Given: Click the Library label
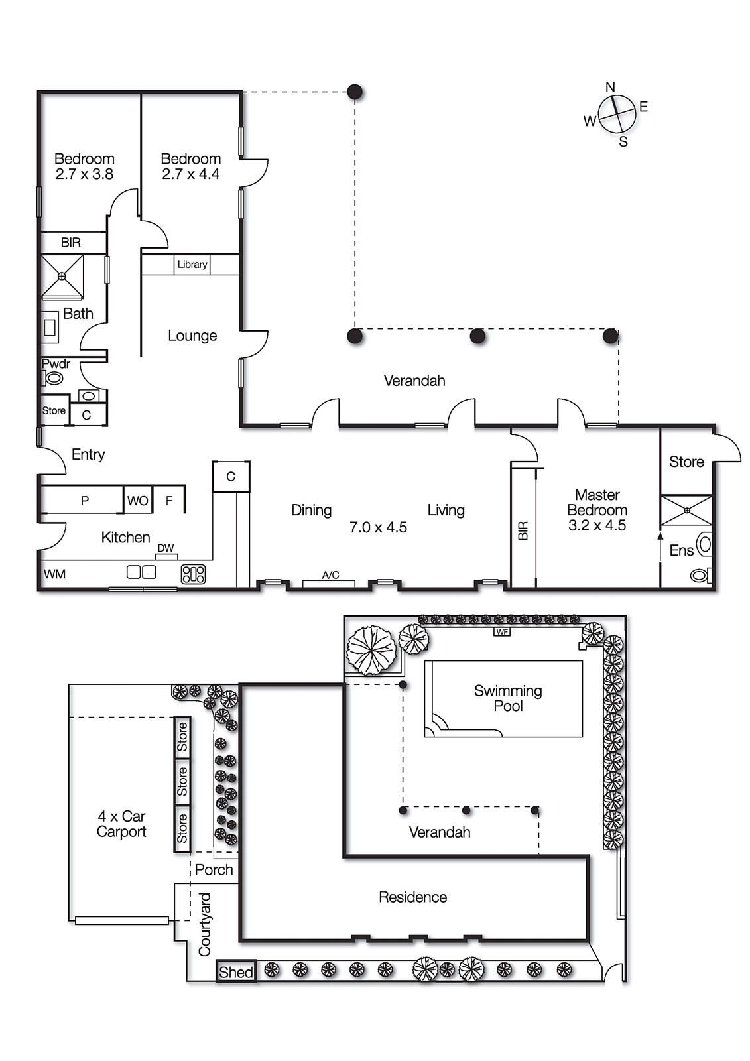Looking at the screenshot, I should pyautogui.click(x=192, y=264).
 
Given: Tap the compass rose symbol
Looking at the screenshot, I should pyautogui.click(x=617, y=114).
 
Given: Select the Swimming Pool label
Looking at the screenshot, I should pyautogui.click(x=508, y=698).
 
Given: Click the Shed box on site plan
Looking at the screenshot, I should pyautogui.click(x=236, y=972).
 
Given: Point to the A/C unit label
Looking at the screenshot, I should pyautogui.click(x=330, y=575).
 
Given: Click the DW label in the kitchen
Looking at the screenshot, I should pyautogui.click(x=166, y=548).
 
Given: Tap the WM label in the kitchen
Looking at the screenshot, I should pyautogui.click(x=54, y=574).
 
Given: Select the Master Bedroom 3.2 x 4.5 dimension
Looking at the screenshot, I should pyautogui.click(x=597, y=525).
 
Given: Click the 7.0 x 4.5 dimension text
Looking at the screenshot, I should pyautogui.click(x=378, y=527).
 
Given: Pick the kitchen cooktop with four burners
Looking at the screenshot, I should pyautogui.click(x=193, y=574).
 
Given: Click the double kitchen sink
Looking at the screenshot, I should pyautogui.click(x=141, y=572).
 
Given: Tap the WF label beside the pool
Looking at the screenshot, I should pyautogui.click(x=502, y=632).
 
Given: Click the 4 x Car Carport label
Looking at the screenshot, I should pyautogui.click(x=121, y=824).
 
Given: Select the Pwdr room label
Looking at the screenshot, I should pyautogui.click(x=56, y=364).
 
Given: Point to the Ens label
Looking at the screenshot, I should pyautogui.click(x=681, y=550).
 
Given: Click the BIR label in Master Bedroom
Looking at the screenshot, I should pyautogui.click(x=523, y=530).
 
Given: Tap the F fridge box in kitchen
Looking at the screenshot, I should pyautogui.click(x=169, y=501).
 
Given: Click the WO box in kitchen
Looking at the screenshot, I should pyautogui.click(x=138, y=501).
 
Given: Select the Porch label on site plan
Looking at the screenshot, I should pyautogui.click(x=214, y=869).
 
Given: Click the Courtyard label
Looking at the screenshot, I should pyautogui.click(x=205, y=924).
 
